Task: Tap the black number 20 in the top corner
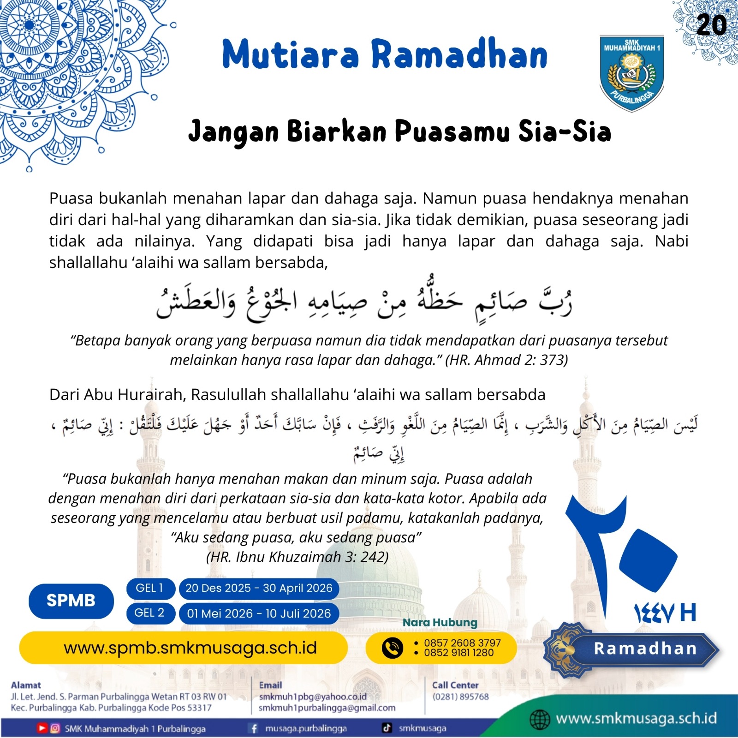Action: click(x=711, y=25)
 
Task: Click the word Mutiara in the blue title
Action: click(x=291, y=54)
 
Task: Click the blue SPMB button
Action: click(x=71, y=601)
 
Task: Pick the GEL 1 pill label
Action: click(x=149, y=588)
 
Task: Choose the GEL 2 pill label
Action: click(x=149, y=613)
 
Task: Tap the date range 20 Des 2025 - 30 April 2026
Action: click(x=259, y=588)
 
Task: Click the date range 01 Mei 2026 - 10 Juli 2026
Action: click(x=259, y=613)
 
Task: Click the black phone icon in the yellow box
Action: click(x=393, y=648)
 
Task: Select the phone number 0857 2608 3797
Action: click(x=462, y=643)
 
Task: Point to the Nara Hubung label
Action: click(x=440, y=622)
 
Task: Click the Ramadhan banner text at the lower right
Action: click(x=645, y=649)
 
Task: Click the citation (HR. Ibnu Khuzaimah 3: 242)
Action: click(x=298, y=557)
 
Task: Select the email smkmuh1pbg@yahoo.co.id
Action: click(x=313, y=696)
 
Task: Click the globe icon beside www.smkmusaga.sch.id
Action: click(x=539, y=719)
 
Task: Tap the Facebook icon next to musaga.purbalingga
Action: click(x=253, y=728)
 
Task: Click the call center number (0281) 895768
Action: click(x=460, y=696)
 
